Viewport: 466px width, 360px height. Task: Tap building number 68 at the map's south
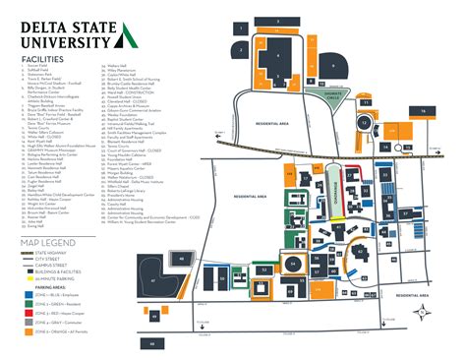153,343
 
